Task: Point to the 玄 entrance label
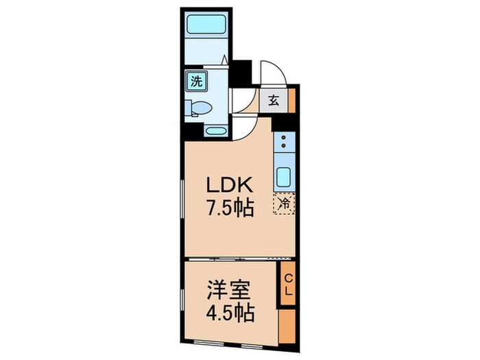tap(272, 100)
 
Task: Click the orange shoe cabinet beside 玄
tap(291, 100)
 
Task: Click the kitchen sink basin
tap(284, 178)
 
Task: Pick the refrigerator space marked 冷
tap(283, 204)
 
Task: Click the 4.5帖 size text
tap(230, 314)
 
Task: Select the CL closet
tap(288, 283)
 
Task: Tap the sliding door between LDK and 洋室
tap(233, 259)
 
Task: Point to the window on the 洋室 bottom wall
tap(233, 342)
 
